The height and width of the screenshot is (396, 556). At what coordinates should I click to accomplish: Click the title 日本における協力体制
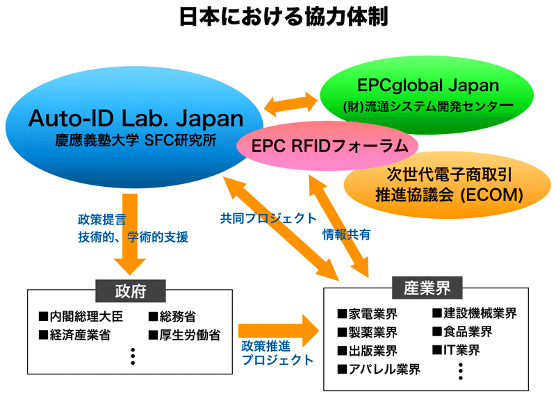click(284, 17)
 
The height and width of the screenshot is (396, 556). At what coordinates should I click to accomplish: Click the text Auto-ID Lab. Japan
click(136, 118)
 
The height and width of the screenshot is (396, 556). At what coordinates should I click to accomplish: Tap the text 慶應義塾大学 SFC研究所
click(136, 140)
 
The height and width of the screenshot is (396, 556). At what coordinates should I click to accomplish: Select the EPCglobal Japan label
click(428, 85)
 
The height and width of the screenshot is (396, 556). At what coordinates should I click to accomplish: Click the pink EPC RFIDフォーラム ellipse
click(327, 146)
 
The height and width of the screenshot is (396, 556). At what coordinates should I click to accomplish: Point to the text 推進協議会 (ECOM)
click(449, 195)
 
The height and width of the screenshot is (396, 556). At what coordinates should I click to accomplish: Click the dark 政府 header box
click(131, 291)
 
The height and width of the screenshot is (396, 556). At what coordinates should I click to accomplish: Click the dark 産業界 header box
click(427, 288)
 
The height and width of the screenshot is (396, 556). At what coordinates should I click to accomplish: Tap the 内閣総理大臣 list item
click(81, 316)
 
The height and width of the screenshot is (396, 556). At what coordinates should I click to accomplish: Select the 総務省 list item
click(172, 316)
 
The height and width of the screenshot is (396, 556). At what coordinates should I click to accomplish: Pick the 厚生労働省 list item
click(184, 335)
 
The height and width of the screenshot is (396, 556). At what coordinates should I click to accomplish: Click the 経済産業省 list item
click(75, 335)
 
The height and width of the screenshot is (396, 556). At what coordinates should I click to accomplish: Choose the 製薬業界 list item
click(368, 332)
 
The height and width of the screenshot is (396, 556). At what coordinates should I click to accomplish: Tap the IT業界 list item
click(456, 350)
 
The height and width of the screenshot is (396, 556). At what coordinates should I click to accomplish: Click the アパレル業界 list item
click(379, 369)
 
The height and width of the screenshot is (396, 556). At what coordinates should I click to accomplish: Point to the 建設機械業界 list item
click(475, 313)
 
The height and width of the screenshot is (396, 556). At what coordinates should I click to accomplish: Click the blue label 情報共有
click(346, 234)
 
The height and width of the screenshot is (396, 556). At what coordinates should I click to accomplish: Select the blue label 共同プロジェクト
click(268, 218)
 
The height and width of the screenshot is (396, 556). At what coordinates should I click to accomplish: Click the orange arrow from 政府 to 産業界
click(279, 331)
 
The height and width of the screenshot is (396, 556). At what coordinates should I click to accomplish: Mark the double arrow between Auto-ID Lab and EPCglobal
click(291, 104)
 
